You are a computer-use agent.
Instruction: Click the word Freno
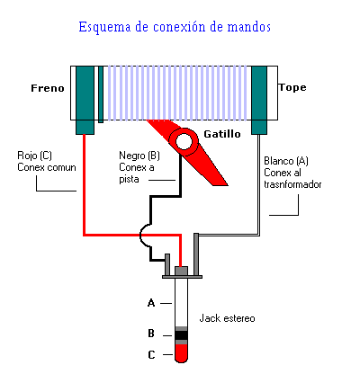[x=48, y=88]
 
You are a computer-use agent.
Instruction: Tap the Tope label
[x=292, y=87]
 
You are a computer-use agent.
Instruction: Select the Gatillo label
[x=222, y=134]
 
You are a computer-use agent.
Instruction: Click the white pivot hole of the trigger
[x=184, y=141]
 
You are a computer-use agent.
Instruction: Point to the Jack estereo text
[x=227, y=318]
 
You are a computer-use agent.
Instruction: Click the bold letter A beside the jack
[x=151, y=303]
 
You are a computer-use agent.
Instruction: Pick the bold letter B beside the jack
[x=151, y=334]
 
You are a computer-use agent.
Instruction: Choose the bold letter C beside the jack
[x=151, y=355]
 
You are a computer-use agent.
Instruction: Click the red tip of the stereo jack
[x=181, y=353]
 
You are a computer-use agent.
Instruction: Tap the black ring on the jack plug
[x=181, y=335]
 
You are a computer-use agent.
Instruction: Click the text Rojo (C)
[x=34, y=156]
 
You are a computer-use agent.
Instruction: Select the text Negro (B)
[x=139, y=156]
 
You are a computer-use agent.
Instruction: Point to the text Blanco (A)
[x=286, y=161]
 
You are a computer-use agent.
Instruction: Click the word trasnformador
[x=292, y=184]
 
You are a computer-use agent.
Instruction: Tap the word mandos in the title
[x=249, y=27]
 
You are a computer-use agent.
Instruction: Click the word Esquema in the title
[x=104, y=27]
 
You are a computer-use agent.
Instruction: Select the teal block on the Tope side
[x=259, y=100]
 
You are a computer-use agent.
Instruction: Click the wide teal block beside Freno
[x=85, y=100]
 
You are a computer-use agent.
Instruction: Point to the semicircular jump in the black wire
[x=145, y=236]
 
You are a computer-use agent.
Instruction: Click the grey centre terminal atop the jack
[x=181, y=272]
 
